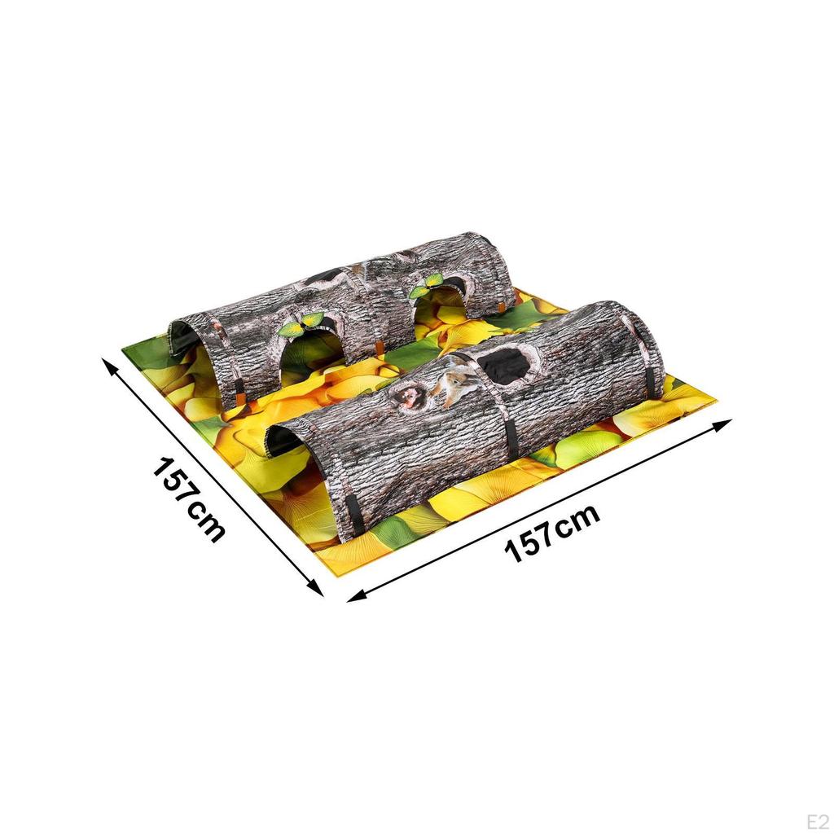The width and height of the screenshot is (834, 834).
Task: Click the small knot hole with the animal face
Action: point(408,398)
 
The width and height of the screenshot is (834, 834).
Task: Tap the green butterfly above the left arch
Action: point(300,325)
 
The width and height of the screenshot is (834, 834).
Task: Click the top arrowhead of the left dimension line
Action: point(108,362)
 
